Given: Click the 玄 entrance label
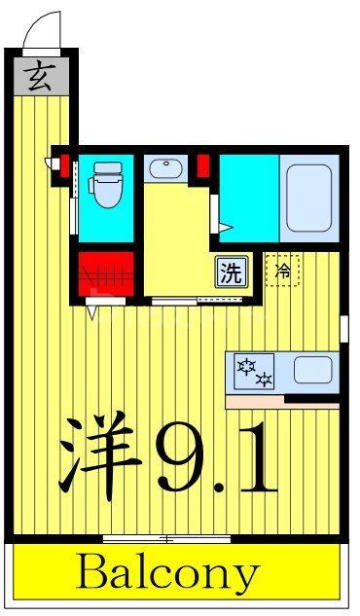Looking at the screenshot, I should [39, 75].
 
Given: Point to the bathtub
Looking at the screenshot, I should [309, 196].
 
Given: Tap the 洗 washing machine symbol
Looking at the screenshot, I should [231, 272].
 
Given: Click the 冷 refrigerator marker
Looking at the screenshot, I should [283, 271].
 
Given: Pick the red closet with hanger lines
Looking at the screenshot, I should [104, 274].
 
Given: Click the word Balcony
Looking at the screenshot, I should [169, 574].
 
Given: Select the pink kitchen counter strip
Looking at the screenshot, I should [283, 399].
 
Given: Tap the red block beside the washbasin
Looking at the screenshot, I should [203, 166].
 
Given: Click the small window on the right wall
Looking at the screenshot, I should [343, 328].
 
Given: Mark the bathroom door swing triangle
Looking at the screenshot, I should [225, 229].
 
